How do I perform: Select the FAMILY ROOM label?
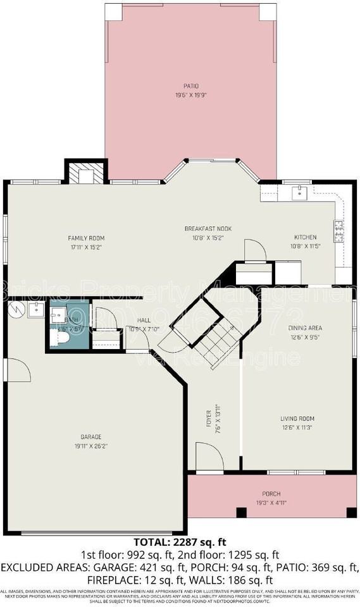[85, 238]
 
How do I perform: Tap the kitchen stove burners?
[339, 231]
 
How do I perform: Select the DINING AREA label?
[305, 328]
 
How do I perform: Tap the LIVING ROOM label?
[297, 419]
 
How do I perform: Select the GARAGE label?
[90, 437]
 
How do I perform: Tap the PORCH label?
[271, 494]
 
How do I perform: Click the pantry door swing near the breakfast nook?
[254, 251]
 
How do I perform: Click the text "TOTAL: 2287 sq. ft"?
[179, 542]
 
